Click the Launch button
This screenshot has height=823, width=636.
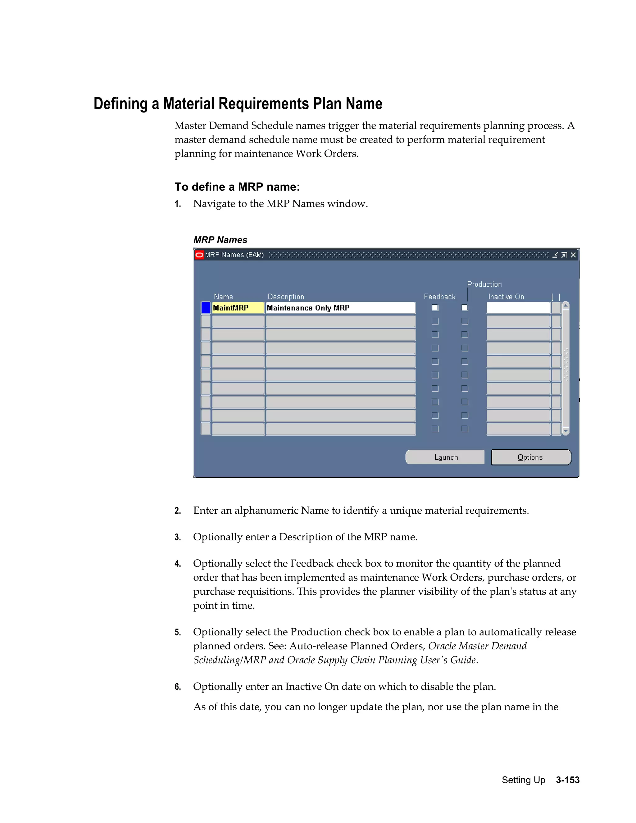[445, 457]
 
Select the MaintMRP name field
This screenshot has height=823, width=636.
[238, 308]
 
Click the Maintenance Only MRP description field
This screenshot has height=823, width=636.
[340, 308]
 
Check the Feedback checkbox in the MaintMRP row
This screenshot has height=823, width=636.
[435, 308]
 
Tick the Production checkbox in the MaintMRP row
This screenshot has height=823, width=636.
[465, 308]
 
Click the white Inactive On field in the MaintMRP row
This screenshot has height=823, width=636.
[518, 308]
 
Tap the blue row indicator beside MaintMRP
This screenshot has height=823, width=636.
[206, 308]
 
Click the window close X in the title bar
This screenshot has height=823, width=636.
[573, 255]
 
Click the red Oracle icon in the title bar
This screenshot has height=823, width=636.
[199, 255]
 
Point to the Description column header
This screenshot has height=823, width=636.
[286, 297]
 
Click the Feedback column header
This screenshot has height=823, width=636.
[439, 297]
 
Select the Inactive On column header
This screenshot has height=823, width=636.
[506, 297]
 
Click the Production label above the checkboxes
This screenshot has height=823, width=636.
[484, 284]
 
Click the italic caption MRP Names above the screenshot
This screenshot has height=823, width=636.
[220, 240]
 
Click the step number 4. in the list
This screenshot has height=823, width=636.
[178, 564]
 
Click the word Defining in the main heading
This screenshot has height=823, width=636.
[120, 104]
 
